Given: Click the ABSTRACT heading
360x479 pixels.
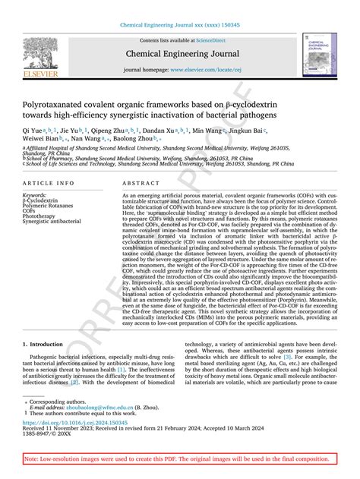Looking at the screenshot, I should (x=130, y=184).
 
